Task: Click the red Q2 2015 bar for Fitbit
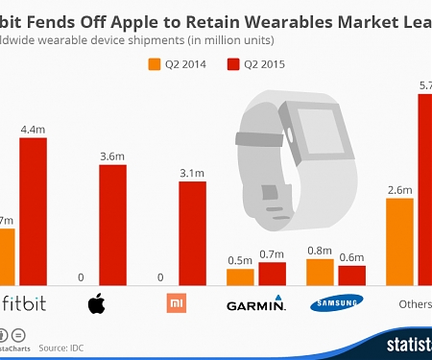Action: pos(33,212)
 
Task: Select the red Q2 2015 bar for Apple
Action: pos(112,226)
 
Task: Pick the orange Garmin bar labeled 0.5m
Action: pos(240,277)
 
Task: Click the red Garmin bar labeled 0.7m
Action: pos(273,275)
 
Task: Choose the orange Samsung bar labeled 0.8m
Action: pos(320,273)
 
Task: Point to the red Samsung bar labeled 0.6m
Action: pos(352,276)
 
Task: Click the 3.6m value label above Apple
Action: pos(112,156)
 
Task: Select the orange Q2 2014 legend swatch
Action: pos(153,64)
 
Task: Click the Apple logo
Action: pos(96,305)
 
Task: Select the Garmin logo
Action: pos(255,305)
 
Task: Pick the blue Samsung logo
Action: pos(336,304)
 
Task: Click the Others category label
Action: pos(415,305)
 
